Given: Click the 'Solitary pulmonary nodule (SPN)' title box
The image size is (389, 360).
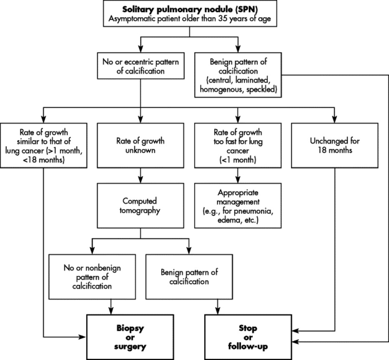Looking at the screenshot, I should pyautogui.click(x=190, y=14).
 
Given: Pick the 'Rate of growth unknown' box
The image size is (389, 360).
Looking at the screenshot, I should pyautogui.click(x=140, y=144).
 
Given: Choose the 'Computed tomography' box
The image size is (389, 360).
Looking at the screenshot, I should pyautogui.click(x=140, y=205).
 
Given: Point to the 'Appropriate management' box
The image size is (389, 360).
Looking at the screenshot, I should pyautogui.click(x=237, y=206).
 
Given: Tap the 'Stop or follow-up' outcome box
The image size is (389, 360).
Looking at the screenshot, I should pyautogui.click(x=249, y=337).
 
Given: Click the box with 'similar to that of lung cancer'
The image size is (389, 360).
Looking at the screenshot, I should pyautogui.click(x=43, y=144).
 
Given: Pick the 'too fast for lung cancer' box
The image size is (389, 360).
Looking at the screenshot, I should pyautogui.click(x=237, y=144).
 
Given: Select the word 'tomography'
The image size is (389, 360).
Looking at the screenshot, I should pyautogui.click(x=140, y=211).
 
